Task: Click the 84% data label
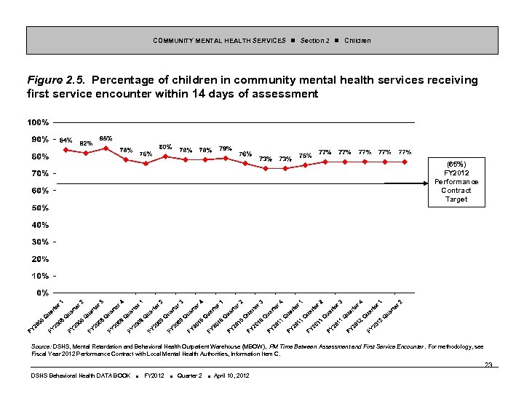pos(65,140)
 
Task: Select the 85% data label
pos(106,138)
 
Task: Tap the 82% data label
pos(85,143)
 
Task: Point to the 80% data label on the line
pos(165,147)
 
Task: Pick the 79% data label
pos(226,149)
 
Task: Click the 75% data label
pos(306,156)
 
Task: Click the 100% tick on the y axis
pos(39,122)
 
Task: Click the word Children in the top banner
pos(357,41)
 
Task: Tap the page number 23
pos(488,365)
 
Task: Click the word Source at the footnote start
pos(41,347)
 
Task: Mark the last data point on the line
pos(405,162)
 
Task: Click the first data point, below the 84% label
pos(65,150)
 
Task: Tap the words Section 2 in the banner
pos(314,41)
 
